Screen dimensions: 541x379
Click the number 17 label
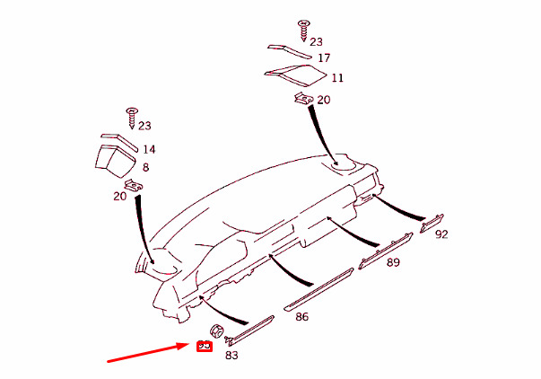tap(324, 57)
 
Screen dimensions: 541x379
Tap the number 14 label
tap(149, 149)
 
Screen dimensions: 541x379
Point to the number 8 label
tap(145, 167)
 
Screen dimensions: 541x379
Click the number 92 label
tap(441, 234)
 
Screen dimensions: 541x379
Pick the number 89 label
tap(393, 262)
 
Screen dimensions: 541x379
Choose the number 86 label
tap(301, 317)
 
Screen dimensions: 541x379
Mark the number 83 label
tap(231, 356)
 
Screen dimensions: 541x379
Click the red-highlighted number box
tap(204, 346)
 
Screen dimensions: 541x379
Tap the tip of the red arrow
tap(189, 345)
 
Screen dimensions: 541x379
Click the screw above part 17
tap(302, 28)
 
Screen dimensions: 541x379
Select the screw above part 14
tap(132, 116)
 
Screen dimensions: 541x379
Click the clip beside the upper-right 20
tap(302, 99)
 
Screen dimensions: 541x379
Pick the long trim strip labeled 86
tap(318, 288)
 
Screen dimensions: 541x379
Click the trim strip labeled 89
tap(385, 251)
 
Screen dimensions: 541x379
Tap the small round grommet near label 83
tap(216, 331)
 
